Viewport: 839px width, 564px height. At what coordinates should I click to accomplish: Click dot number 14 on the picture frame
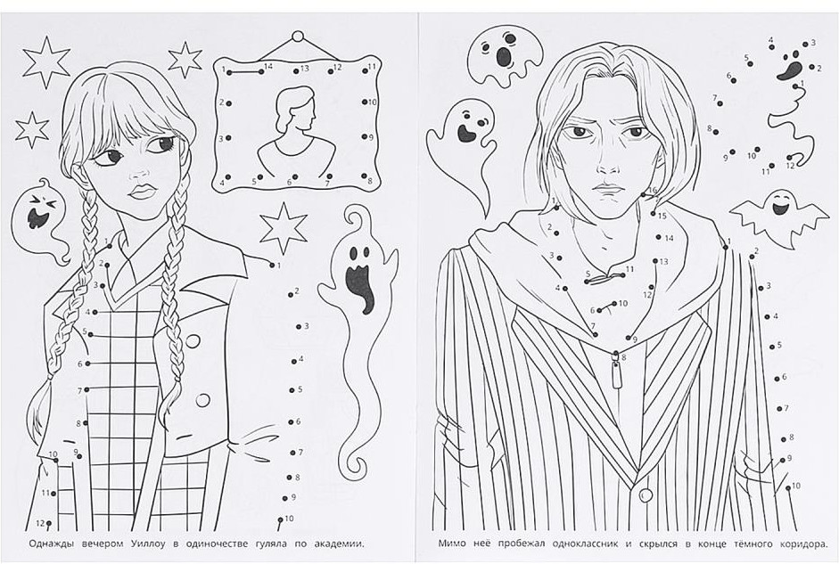pos(260,70)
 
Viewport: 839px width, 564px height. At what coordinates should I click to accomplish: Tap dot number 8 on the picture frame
pos(363,176)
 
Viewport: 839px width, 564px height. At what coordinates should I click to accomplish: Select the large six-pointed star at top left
pos(46,61)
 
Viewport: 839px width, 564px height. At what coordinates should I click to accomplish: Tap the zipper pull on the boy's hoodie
pos(617,372)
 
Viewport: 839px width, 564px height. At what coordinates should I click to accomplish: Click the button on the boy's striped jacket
pos(646,495)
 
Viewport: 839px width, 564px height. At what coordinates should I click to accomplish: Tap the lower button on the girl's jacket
pos(203,399)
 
